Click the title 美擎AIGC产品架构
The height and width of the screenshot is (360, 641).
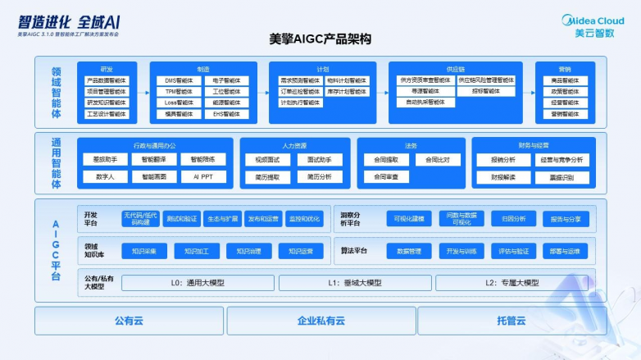tap(320, 39)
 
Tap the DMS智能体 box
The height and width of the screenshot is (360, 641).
tap(179, 80)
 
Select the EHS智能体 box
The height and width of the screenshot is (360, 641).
tap(225, 114)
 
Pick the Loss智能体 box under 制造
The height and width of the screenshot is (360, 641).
tap(179, 103)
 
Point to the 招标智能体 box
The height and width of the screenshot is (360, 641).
tap(489, 91)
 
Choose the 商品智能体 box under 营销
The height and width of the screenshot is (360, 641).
tap(564, 80)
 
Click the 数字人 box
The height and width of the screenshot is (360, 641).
tap(105, 176)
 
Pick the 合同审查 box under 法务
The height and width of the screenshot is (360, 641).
tap(386, 176)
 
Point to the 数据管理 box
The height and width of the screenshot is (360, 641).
tap(409, 251)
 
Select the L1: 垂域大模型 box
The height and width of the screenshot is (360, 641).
tap(354, 283)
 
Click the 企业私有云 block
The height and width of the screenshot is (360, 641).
tap(320, 321)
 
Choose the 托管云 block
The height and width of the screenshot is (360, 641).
tap(511, 321)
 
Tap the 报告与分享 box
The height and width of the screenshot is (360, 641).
tap(566, 219)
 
